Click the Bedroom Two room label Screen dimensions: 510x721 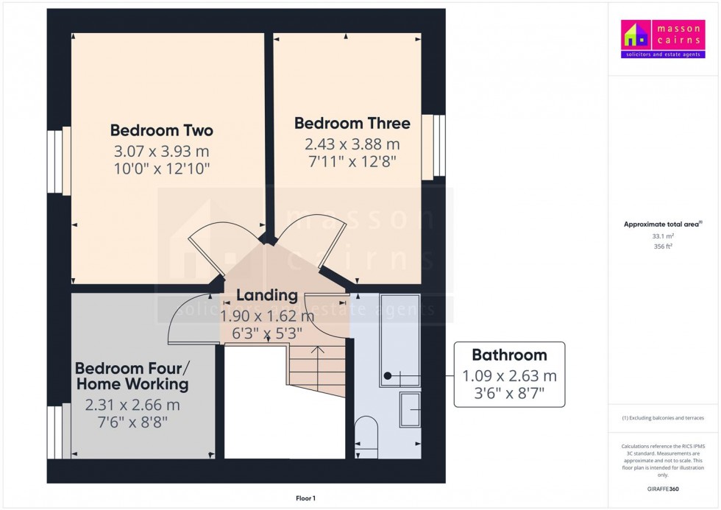pos(161,130)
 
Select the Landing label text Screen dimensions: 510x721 pos(267,296)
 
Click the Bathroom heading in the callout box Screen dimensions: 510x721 pos(509,355)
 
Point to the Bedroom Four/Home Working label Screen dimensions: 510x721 pos(132,375)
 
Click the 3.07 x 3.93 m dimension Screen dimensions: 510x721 pos(161,152)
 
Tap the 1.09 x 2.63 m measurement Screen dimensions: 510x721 pos(509,375)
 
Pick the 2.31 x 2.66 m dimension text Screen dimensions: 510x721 pos(132,404)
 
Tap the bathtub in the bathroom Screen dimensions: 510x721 pos(399,339)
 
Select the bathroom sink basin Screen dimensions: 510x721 pos(409,409)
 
